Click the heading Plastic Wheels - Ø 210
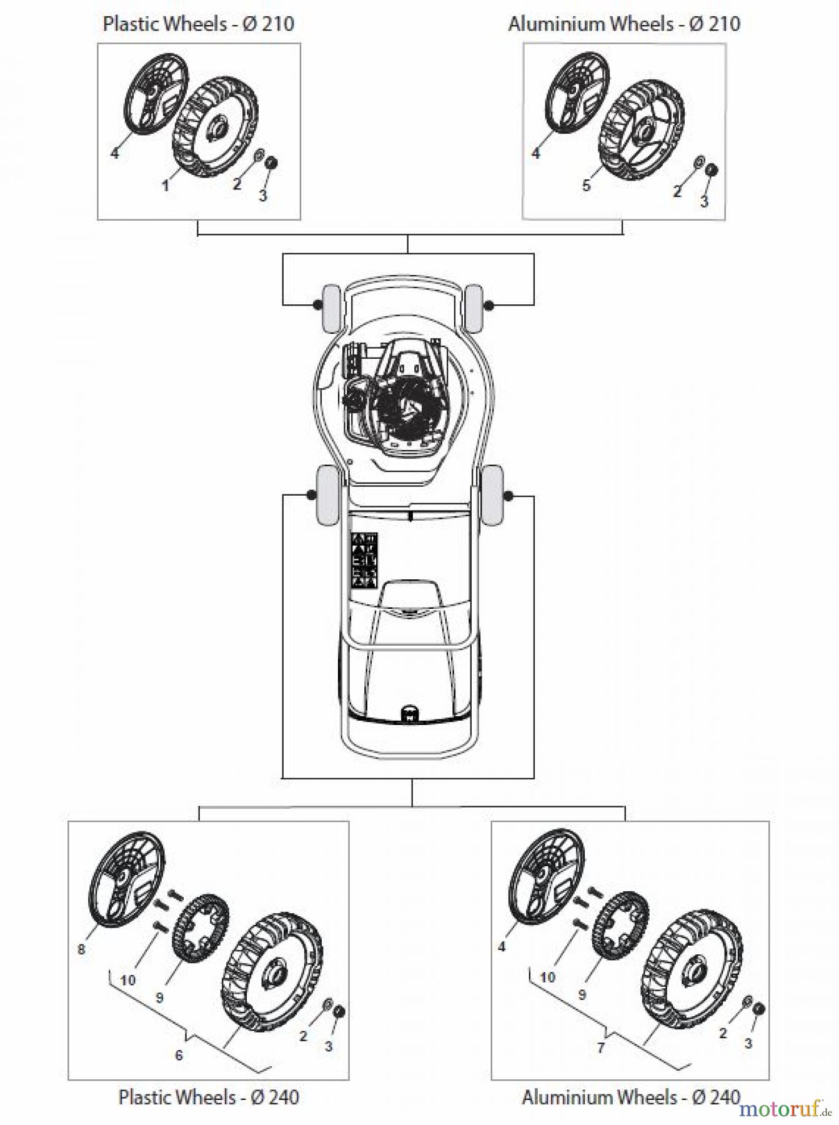pos(198,24)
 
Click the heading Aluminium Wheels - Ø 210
pos(623,24)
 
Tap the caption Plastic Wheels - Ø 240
pos(209,1096)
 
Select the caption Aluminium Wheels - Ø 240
pos(631,1096)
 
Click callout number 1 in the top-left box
pos(166,185)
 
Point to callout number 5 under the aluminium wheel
pos(586,185)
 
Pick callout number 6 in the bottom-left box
pos(179,1055)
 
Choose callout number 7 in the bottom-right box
pos(601,1047)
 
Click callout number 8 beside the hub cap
pos(81,949)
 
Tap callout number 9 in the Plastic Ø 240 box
pos(159,997)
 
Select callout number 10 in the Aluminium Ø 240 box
pos(547,977)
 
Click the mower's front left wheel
pos(330,307)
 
